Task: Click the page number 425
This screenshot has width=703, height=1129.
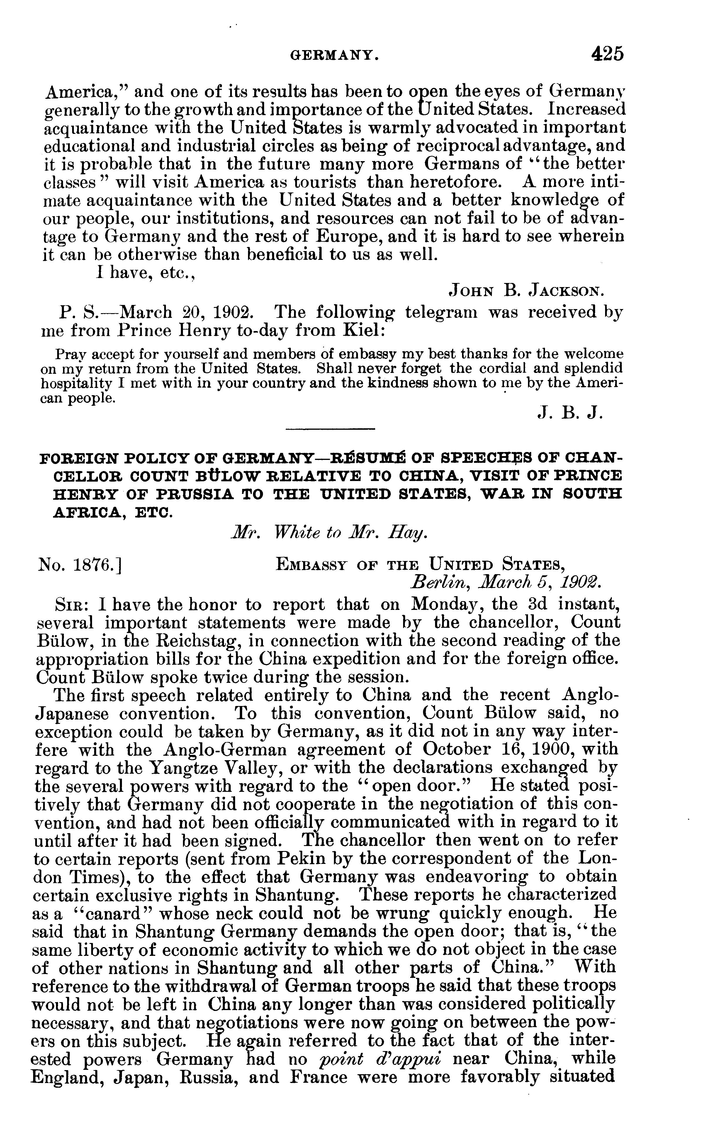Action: [607, 54]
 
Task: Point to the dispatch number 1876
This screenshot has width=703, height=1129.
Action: [79, 564]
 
